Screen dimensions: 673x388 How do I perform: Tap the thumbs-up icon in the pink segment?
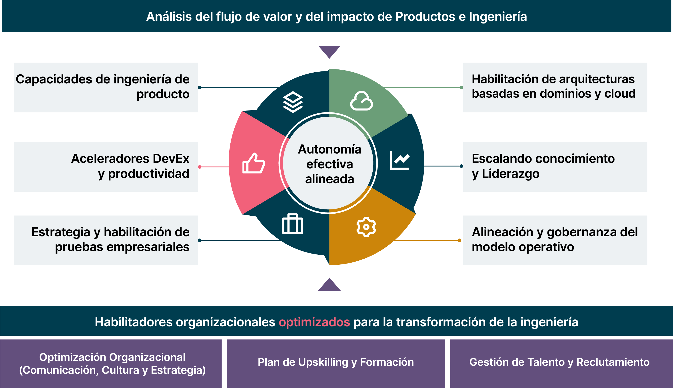point(254,163)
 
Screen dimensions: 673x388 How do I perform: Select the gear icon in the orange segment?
point(366,227)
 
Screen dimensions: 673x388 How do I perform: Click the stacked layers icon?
point(293,102)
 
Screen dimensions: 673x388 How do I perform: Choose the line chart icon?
point(399,160)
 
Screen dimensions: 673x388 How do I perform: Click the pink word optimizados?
point(314,322)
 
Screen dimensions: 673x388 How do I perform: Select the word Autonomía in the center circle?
point(330,149)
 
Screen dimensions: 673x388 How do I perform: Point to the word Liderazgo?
point(511,174)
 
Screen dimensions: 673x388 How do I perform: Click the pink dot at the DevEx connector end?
point(200,167)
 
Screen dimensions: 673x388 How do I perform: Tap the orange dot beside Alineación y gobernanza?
point(459,240)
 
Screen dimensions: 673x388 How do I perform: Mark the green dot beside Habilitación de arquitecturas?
point(461,87)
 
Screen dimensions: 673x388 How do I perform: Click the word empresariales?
point(148,247)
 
